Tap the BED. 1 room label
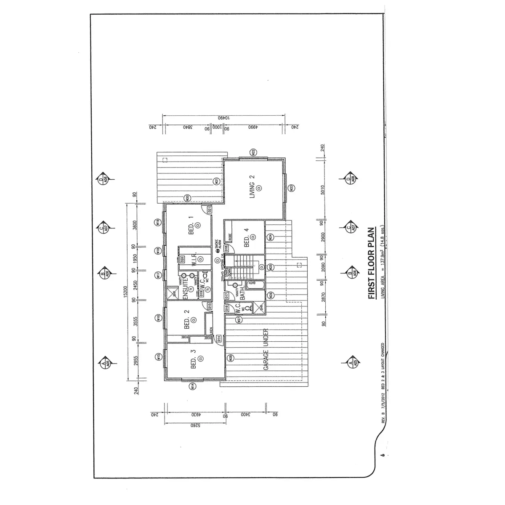click(x=191, y=225)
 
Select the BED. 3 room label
click(x=194, y=359)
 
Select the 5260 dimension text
click(x=194, y=426)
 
